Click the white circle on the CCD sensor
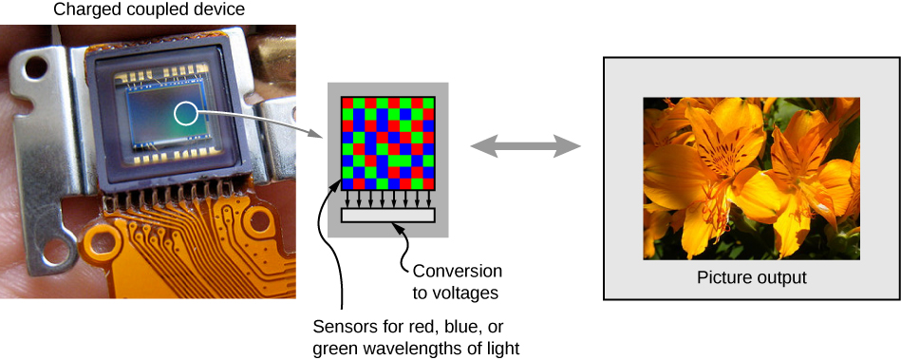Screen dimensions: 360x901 click(185, 115)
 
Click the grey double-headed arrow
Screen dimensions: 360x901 click(526, 146)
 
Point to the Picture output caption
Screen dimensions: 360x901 click(751, 278)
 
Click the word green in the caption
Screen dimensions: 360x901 click(334, 349)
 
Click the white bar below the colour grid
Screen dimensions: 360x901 click(387, 216)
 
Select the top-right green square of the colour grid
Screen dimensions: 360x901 click(429, 103)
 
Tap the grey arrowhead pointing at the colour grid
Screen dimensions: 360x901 click(318, 134)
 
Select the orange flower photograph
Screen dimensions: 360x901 click(751, 178)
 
